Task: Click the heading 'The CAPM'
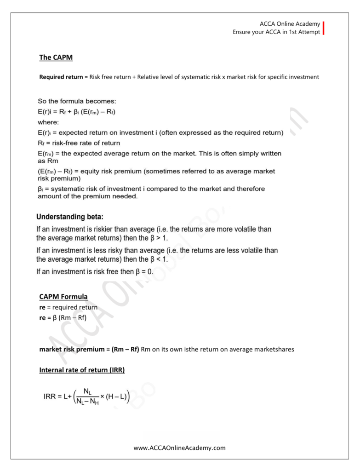pyautogui.click(x=56, y=58)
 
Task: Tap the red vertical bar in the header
pyautogui.click(x=324, y=28)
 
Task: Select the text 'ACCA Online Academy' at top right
pyautogui.click(x=290, y=23)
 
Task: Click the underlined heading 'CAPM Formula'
pyautogui.click(x=63, y=297)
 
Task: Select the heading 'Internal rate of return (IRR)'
pyautogui.click(x=82, y=370)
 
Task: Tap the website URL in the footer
pyautogui.click(x=180, y=448)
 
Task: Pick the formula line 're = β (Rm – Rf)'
pyautogui.click(x=63, y=317)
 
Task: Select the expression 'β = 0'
pyautogui.click(x=143, y=271)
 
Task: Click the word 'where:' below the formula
pyautogui.click(x=48, y=122)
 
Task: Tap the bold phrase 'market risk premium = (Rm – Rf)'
pyautogui.click(x=89, y=350)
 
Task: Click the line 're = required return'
pyautogui.click(x=69, y=307)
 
